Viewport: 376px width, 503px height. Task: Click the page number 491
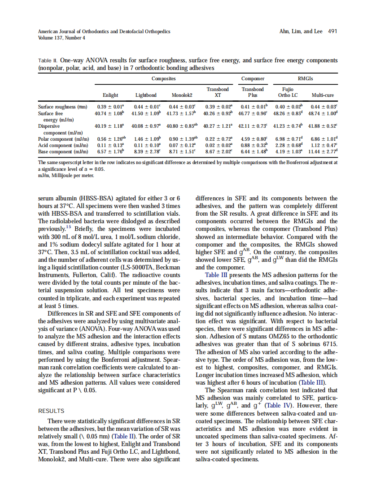332,31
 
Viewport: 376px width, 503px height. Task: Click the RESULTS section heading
51,411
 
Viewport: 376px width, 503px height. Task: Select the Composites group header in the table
163,79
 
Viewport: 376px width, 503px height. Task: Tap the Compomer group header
253,79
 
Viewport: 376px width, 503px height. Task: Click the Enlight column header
110,95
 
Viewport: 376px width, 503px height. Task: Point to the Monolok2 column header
182,95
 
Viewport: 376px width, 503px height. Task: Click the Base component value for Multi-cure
323,152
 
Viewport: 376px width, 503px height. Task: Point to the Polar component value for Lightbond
146,139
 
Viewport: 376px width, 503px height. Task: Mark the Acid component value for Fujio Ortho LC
288,145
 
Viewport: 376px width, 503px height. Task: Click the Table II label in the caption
48,60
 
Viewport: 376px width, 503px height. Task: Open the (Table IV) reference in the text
280,406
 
